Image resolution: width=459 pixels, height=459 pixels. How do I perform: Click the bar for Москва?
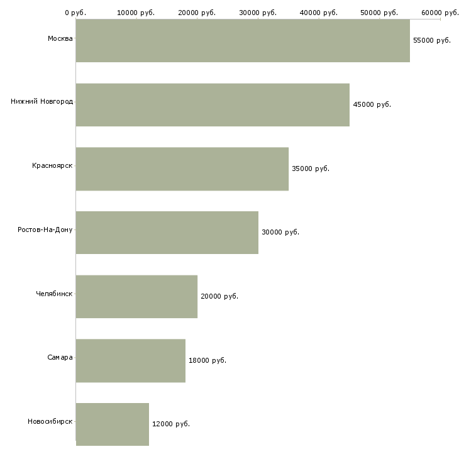click(243, 41)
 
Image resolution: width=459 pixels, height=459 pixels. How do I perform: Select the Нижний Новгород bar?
click(213, 105)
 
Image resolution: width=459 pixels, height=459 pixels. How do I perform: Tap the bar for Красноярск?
click(182, 169)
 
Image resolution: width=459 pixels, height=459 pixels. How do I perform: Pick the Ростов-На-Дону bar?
click(167, 233)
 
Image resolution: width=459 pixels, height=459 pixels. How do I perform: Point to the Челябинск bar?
click(136, 297)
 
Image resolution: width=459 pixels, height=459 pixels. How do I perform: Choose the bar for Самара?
click(130, 361)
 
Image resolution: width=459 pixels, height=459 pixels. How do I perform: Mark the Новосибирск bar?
click(112, 424)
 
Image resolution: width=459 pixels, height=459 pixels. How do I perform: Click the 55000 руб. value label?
click(432, 40)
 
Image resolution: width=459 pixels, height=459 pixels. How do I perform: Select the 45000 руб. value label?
click(372, 104)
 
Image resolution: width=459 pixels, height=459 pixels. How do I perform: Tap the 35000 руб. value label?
click(311, 169)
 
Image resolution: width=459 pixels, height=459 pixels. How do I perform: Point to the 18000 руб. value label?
click(207, 360)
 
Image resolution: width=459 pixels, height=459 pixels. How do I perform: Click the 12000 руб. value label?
click(171, 424)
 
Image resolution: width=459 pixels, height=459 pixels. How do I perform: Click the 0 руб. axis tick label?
click(75, 13)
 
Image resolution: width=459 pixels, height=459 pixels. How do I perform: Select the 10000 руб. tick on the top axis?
click(136, 13)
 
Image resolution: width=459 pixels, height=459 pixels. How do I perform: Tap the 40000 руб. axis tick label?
click(319, 13)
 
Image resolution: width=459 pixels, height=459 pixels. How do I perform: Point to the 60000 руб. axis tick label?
click(440, 13)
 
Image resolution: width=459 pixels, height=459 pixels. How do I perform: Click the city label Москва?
click(60, 39)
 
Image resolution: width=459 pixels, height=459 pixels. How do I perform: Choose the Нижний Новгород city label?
click(41, 101)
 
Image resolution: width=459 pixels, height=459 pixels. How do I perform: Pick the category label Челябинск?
click(54, 294)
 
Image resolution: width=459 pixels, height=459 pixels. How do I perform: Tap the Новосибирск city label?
click(50, 421)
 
